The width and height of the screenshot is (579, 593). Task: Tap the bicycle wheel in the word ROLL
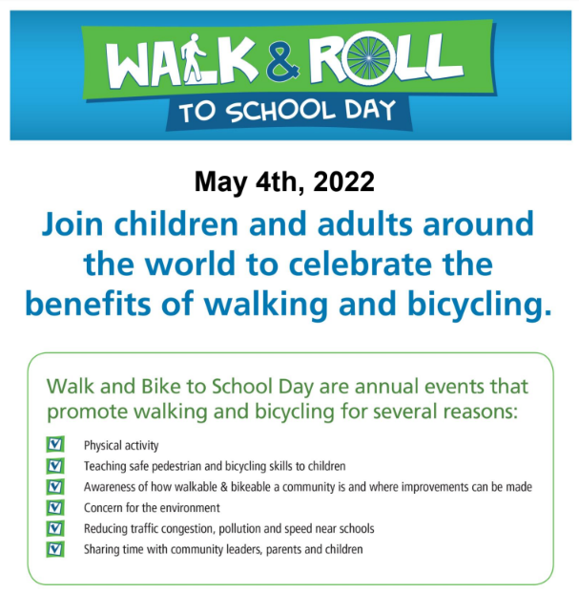click(x=368, y=59)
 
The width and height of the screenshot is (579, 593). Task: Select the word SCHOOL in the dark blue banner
click(x=281, y=111)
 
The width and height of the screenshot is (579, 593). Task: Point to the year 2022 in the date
click(x=343, y=181)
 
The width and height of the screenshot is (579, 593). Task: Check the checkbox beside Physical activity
click(x=55, y=444)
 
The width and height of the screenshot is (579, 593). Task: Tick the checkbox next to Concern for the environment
click(x=55, y=507)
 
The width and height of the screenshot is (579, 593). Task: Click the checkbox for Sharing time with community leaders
click(x=55, y=549)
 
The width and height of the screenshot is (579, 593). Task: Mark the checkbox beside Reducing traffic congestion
click(x=55, y=528)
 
